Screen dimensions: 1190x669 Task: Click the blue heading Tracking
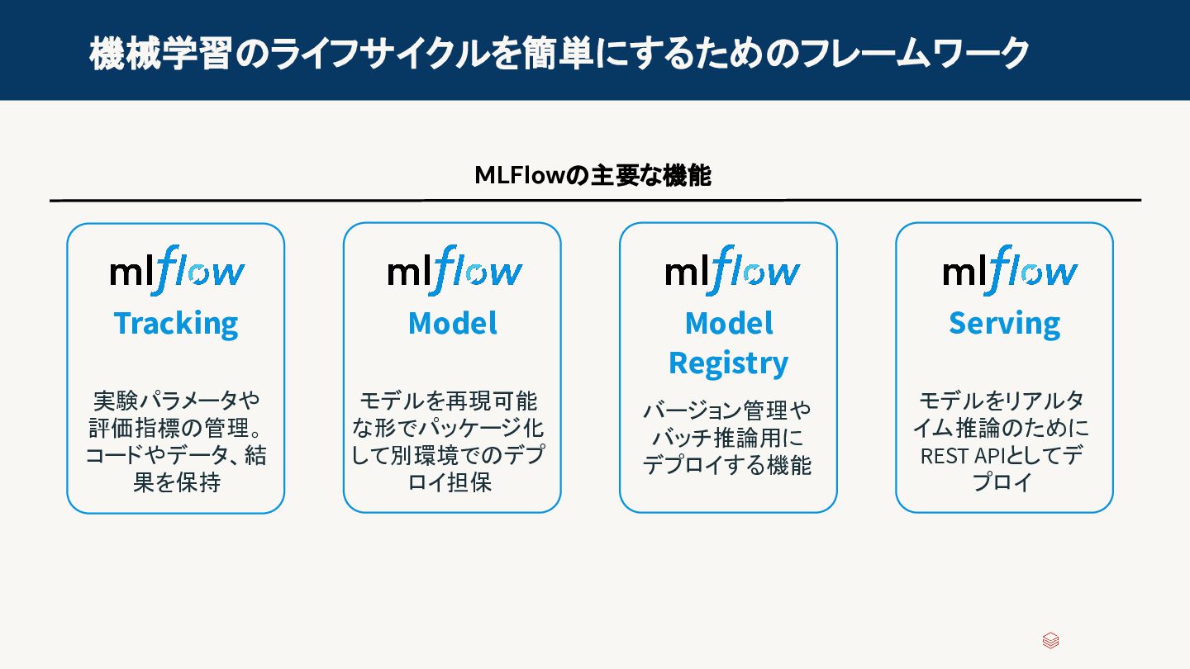[175, 323]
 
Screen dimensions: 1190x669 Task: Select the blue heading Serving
[1004, 323]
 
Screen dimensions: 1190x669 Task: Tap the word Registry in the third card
[728, 363]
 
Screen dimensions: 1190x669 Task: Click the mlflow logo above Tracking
[177, 270]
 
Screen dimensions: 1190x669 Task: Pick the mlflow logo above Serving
[1009, 270]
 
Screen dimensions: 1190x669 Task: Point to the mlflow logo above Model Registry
[731, 270]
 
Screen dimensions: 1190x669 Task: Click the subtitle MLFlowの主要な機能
[593, 175]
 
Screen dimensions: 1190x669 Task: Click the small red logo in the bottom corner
[1050, 641]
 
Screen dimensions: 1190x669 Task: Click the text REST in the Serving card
[944, 455]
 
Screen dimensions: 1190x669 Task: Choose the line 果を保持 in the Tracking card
[176, 482]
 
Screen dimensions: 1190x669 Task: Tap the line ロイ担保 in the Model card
[450, 482]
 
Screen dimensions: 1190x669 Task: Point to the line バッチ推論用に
[727, 437]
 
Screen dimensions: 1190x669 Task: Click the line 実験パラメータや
[176, 401]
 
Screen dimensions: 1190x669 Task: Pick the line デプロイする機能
[727, 464]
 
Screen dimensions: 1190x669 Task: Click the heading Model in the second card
[452, 323]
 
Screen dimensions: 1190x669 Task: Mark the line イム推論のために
[1004, 428]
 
